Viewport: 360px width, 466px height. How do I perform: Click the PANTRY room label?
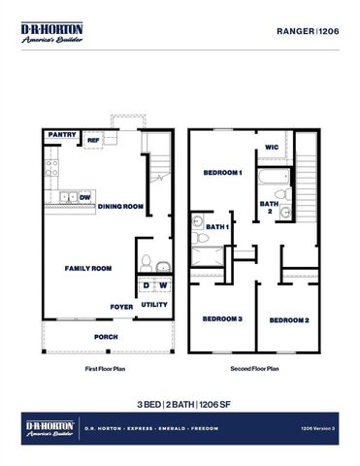coord(62,136)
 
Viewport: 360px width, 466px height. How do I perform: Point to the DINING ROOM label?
coord(120,206)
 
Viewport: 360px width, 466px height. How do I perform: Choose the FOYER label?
coord(121,306)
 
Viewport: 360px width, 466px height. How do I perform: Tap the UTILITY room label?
coord(155,305)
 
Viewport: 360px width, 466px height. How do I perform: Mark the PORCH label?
coord(106,337)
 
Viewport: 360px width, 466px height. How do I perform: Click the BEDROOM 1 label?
coord(222,172)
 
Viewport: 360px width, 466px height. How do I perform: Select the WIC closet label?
coord(272,149)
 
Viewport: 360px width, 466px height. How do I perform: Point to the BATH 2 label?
coord(267,207)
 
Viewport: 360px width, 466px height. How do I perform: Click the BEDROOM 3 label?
coord(222,319)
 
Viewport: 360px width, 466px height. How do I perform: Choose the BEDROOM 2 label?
coord(289,320)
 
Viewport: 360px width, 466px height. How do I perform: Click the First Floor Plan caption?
coord(107,369)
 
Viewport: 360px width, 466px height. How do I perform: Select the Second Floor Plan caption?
coord(254,369)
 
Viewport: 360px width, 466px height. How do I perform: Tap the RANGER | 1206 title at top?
coord(309,31)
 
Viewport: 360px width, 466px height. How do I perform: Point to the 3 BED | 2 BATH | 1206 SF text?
coord(180,403)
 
